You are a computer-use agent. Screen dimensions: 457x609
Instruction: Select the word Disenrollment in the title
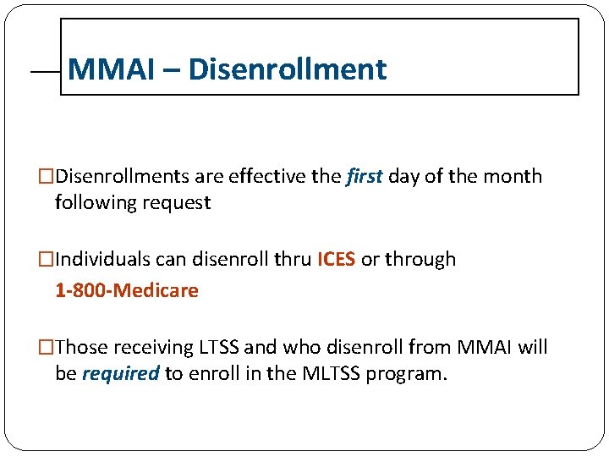(x=288, y=69)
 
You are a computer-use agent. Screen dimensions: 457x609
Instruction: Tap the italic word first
(x=365, y=177)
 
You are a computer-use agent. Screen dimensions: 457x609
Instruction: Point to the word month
(x=513, y=177)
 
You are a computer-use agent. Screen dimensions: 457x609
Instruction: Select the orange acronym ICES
(x=336, y=260)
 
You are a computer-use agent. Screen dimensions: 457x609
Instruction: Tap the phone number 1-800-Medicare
(x=127, y=291)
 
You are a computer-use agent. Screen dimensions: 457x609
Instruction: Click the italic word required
(x=120, y=374)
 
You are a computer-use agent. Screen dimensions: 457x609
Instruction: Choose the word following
(x=89, y=203)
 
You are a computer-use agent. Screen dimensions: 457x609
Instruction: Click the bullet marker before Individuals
(x=47, y=260)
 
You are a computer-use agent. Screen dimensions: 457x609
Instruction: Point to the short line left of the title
(x=45, y=74)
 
